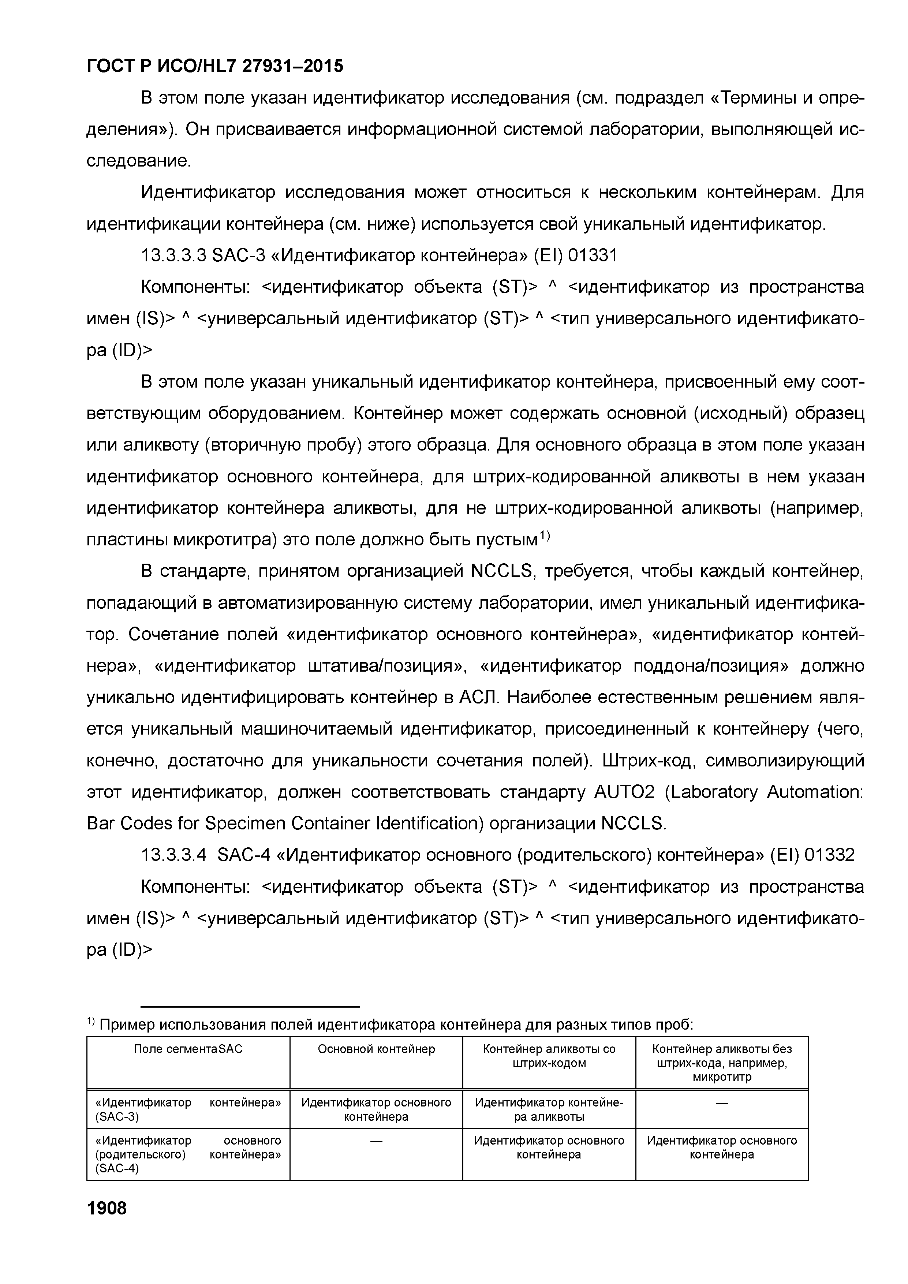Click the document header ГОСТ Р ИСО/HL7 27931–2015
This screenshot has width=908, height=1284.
tap(215, 67)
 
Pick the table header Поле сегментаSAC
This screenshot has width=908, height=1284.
tap(188, 1049)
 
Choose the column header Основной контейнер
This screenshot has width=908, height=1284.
tap(376, 1049)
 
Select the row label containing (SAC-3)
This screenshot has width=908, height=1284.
tap(188, 1109)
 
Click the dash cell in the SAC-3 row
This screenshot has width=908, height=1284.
tap(722, 1103)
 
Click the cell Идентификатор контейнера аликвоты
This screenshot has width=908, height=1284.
tap(549, 1109)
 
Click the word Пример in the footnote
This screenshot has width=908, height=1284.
tap(127, 1024)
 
